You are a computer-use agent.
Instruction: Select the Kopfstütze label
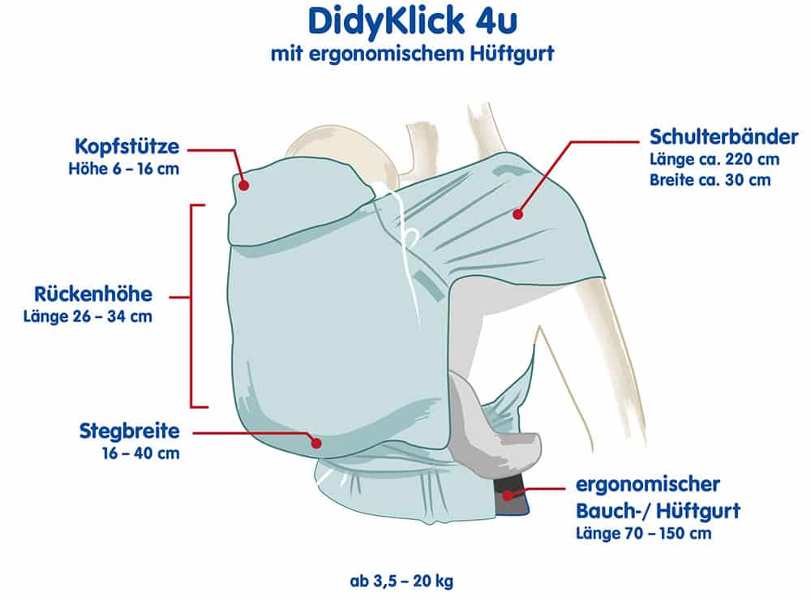127,148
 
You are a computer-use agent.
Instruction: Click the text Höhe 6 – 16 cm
124,170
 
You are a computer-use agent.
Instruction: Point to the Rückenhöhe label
92,294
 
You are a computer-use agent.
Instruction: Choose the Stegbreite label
130,431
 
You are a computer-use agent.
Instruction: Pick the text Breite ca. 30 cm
710,179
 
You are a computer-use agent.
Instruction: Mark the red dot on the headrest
244,185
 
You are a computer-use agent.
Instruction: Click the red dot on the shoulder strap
517,214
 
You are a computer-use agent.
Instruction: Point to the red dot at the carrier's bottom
317,442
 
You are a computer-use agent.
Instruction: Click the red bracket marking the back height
192,306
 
